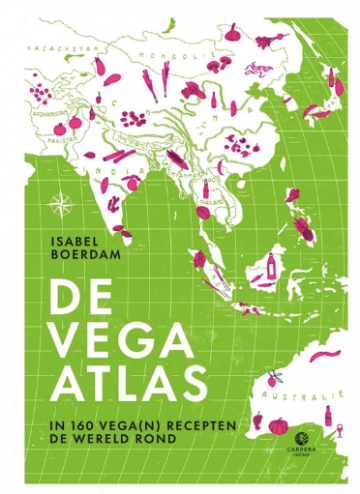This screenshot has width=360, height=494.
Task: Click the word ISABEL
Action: click(x=83, y=240)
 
